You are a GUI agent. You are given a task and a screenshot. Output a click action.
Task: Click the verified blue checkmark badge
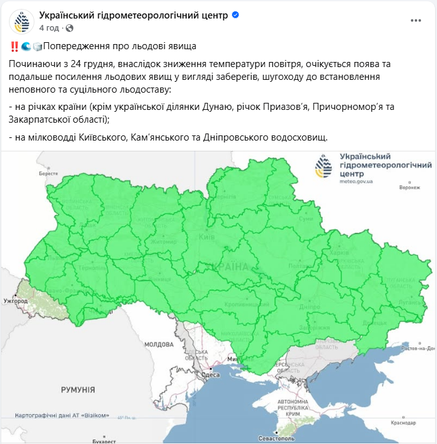click(x=235, y=15)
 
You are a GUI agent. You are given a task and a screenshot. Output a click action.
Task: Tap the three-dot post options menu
click(x=416, y=20)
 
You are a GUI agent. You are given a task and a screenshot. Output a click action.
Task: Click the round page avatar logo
click(x=22, y=22)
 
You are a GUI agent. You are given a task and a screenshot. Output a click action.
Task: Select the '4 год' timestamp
click(x=49, y=28)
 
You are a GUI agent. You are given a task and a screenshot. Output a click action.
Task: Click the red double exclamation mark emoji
click(x=14, y=47)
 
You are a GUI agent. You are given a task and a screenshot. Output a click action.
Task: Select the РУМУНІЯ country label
click(x=78, y=390)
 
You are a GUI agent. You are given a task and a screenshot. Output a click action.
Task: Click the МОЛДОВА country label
click(x=159, y=344)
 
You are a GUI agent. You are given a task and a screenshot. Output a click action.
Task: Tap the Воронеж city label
click(x=410, y=188)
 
